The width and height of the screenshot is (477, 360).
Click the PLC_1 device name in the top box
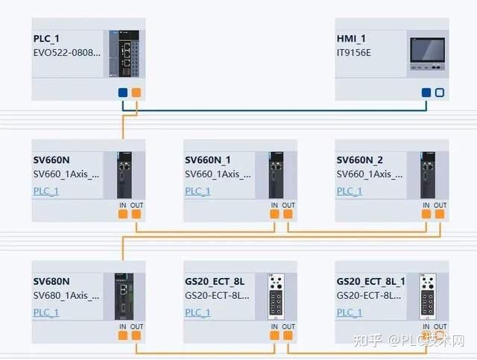point(46,39)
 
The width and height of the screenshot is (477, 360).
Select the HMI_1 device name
point(351,39)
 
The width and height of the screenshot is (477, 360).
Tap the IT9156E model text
point(354,53)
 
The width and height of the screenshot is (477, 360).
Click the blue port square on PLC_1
point(123,92)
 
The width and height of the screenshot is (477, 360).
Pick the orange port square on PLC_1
point(136,92)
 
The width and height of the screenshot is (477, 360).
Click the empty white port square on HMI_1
point(440,92)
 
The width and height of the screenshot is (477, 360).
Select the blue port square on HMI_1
point(426,92)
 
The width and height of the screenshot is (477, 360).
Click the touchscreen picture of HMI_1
point(427,54)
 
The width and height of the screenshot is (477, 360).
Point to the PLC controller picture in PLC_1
point(124,54)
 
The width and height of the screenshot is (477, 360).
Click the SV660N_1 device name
point(208,160)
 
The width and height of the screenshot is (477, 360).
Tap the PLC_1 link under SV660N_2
point(350,191)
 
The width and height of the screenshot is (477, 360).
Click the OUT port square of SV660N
point(136,214)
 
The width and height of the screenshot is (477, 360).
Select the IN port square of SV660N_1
point(274,214)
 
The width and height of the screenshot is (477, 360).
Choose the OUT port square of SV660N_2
point(440,214)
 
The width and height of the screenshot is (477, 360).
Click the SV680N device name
point(51,282)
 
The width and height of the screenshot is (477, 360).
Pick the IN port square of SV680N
point(123,335)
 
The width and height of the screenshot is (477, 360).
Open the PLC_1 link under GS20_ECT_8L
point(198,312)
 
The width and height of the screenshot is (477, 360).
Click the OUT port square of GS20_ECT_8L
point(288,335)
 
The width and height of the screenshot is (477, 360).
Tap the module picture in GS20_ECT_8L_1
point(428,297)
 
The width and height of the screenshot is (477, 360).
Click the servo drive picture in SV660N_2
point(428,175)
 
